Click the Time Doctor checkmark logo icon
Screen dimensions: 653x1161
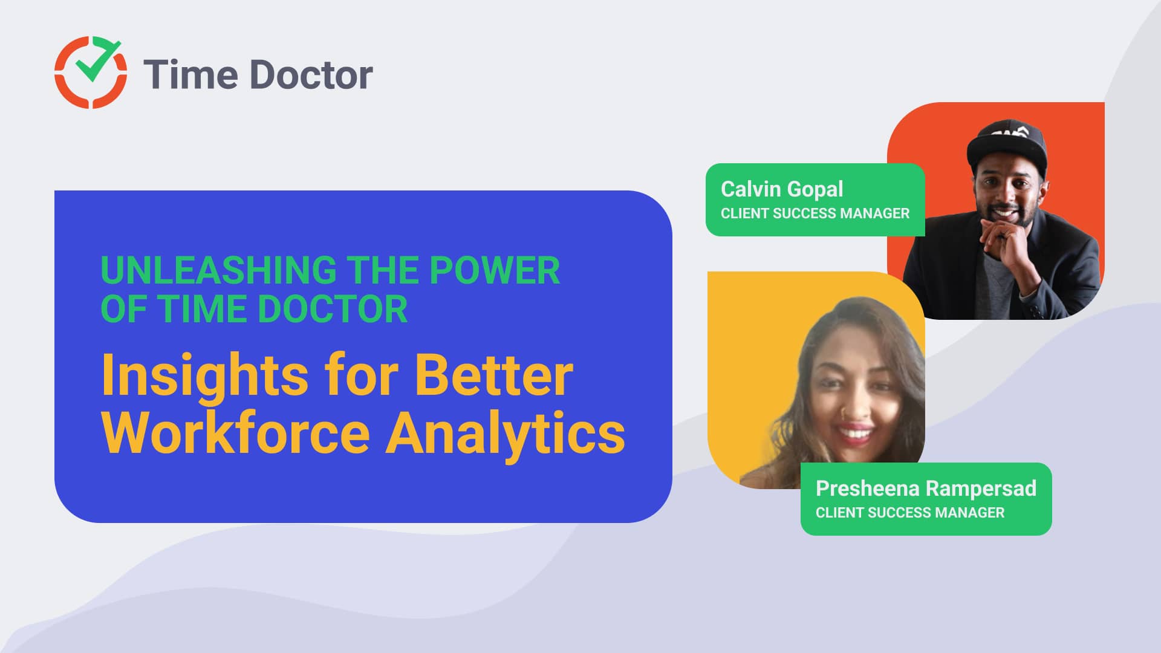pyautogui.click(x=91, y=73)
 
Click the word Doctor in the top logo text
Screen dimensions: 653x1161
pyautogui.click(x=311, y=75)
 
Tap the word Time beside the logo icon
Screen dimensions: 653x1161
pyautogui.click(x=190, y=75)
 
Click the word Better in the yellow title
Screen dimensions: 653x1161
pyautogui.click(x=493, y=376)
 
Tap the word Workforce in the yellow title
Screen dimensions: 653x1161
pyautogui.click(x=235, y=433)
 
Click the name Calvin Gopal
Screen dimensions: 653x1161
pyautogui.click(x=781, y=189)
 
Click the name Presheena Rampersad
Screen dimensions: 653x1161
pyautogui.click(x=925, y=488)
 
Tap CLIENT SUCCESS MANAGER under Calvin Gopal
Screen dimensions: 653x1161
pyautogui.click(x=815, y=213)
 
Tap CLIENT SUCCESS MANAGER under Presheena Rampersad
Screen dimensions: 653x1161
pyautogui.click(x=909, y=513)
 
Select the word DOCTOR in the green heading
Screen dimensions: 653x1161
pyautogui.click(x=333, y=309)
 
